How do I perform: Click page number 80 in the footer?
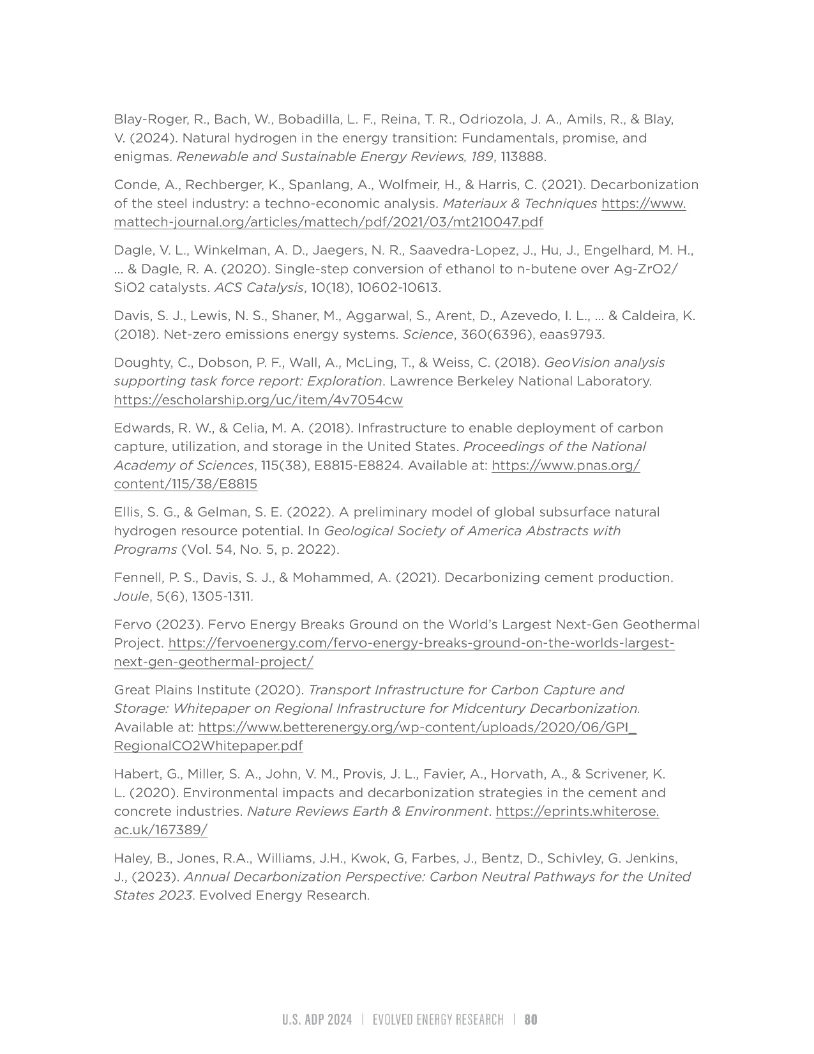point(531,1020)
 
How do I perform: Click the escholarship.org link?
point(258,400)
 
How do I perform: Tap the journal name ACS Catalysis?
point(259,287)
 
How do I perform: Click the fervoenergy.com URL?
point(421,643)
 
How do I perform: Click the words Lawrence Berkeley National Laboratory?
point(520,381)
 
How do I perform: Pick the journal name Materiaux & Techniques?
point(520,204)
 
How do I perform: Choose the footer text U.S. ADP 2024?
point(317,1020)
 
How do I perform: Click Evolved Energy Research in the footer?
point(438,1020)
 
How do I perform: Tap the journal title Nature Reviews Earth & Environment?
point(368,811)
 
